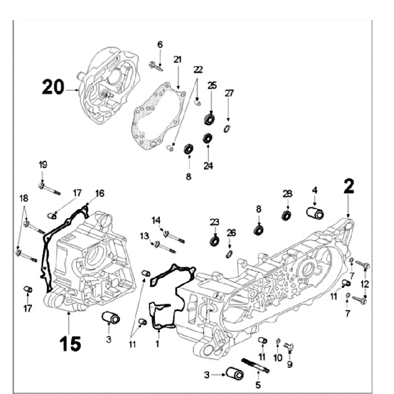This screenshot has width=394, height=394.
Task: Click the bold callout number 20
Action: pos(53,87)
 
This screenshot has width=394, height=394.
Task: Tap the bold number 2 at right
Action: pos(348,187)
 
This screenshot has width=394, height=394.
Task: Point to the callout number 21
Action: pos(177,59)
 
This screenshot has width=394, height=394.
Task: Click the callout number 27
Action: pos(229,93)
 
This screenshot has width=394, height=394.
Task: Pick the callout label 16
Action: pos(100,193)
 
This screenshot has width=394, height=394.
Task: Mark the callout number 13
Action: pos(144,236)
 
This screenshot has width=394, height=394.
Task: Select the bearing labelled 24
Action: pos(208,138)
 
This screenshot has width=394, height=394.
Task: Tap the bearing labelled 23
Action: pos(215,240)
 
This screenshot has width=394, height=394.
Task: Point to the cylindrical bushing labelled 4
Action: pos(314,212)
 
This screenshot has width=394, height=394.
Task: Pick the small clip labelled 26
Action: pos(231,253)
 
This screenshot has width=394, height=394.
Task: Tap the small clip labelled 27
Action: pos(228,129)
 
